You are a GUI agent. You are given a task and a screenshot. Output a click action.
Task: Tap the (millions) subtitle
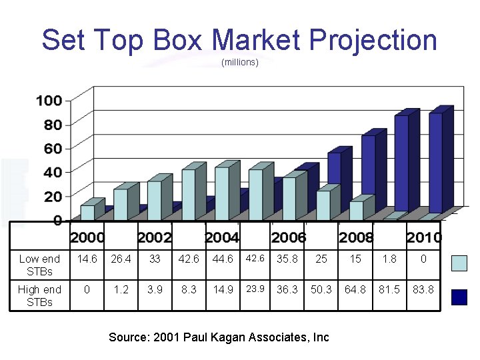(239, 63)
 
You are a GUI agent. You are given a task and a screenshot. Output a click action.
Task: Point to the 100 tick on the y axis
(49, 101)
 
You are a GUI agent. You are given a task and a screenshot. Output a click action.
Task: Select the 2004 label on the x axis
(222, 237)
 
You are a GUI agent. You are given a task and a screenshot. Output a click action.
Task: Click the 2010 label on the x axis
(424, 237)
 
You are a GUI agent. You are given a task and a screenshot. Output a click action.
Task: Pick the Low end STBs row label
(39, 265)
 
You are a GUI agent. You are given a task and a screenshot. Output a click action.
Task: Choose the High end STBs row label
(39, 295)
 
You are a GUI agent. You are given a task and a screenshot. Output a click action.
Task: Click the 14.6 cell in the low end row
(87, 259)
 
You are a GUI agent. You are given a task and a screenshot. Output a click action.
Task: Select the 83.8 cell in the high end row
(423, 289)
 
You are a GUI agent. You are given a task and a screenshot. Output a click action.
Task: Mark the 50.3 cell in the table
(321, 289)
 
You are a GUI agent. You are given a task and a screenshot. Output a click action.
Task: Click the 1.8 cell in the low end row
(389, 259)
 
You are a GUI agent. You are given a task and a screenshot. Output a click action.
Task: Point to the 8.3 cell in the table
(188, 289)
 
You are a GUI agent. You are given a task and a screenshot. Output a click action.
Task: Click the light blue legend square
(459, 263)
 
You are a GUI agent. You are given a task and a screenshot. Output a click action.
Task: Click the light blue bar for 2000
(87, 212)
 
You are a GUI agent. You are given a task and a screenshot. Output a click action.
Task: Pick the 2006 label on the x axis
(289, 237)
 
